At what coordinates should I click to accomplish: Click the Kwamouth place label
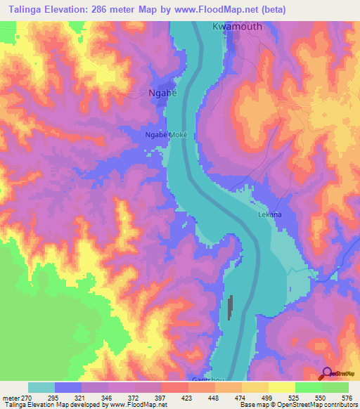pyautogui.click(x=236, y=27)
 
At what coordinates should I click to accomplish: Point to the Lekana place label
pyautogui.click(x=270, y=214)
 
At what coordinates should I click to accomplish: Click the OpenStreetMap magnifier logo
pyautogui.click(x=327, y=373)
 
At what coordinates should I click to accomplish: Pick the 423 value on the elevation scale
pyautogui.click(x=187, y=398)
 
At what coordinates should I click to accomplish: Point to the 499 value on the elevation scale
pyautogui.click(x=266, y=398)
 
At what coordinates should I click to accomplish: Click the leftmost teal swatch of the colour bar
pyautogui.click(x=41, y=387)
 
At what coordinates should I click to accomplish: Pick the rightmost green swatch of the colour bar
pyautogui.click(x=335, y=387)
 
